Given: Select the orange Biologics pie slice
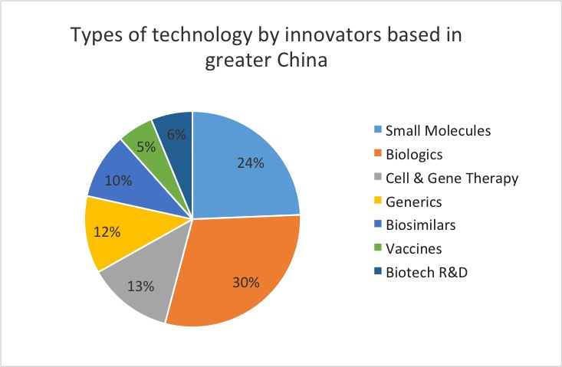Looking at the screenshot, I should (x=238, y=268).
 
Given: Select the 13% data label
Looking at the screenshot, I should (x=141, y=286).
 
